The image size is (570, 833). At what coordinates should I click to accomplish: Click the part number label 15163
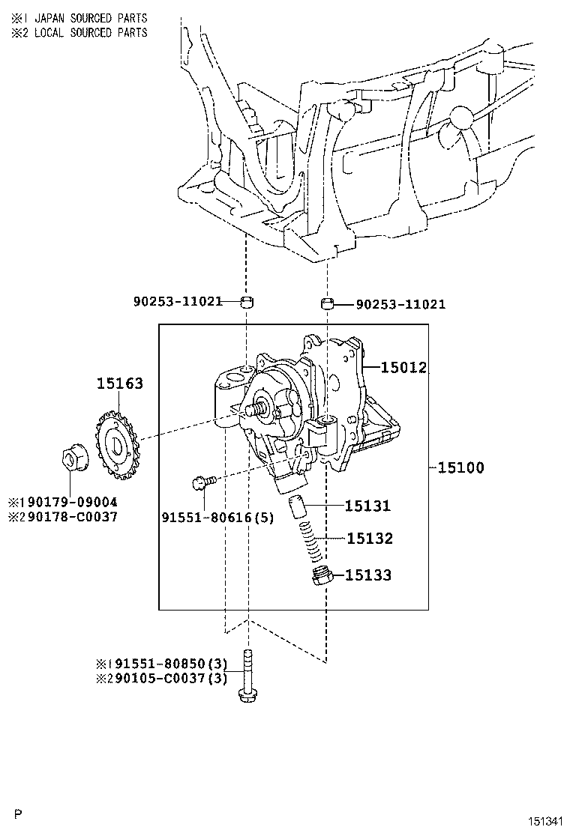[120, 383]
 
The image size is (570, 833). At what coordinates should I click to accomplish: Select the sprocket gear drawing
[117, 440]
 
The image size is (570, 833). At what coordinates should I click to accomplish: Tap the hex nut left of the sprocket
[73, 459]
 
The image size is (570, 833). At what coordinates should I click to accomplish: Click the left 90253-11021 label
[178, 302]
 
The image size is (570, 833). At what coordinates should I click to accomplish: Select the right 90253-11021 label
[400, 304]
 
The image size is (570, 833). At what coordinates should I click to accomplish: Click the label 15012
[403, 367]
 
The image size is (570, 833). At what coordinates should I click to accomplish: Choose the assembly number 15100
[460, 467]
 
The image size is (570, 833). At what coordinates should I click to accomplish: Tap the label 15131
[367, 506]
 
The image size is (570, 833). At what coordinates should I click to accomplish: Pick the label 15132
[370, 539]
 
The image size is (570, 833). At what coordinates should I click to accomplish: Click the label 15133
[368, 575]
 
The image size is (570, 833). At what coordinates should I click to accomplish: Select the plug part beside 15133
[322, 576]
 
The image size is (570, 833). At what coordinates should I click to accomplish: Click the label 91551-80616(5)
[218, 517]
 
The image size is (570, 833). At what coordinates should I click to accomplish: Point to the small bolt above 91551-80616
[205, 482]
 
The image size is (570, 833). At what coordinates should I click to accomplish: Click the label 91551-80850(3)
[168, 664]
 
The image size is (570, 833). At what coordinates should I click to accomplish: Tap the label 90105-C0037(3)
[168, 679]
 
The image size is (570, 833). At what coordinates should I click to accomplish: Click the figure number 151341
[545, 822]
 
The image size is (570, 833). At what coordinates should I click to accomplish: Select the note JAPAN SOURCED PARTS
[91, 18]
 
